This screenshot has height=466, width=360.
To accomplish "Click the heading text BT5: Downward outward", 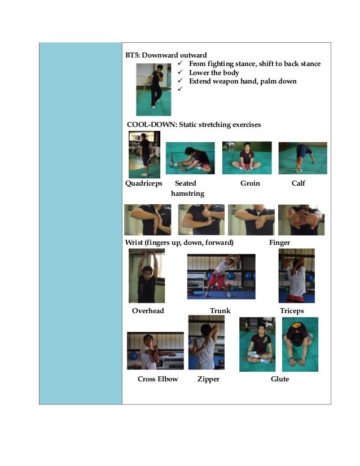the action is pos(166,55).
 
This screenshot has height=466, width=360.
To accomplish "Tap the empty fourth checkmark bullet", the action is pos(180,89).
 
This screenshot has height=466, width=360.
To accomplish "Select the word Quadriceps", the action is pos(143,183).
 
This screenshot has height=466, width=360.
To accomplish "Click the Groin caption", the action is pos(250,183).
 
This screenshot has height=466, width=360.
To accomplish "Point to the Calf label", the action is pos(298,183).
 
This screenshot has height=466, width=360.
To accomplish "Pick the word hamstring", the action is pos(187,194).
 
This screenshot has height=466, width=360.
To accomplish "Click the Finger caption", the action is pos(279,243).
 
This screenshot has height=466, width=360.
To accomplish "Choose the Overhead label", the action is pos(148,310).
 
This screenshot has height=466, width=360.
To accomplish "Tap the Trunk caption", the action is pos(220,310).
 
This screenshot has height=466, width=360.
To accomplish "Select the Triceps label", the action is pos(292,311).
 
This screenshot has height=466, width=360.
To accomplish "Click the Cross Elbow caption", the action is pos(157,379).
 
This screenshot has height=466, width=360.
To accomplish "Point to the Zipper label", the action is pos(208,379).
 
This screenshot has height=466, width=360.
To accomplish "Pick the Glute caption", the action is pos(280,379).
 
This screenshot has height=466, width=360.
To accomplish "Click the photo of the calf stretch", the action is pos(302,158).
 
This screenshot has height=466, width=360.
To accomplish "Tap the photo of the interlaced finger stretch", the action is pos(301,219).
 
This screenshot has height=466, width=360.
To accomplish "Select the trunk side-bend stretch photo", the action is pos(221,276).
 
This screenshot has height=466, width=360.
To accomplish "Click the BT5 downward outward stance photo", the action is pos(153,90).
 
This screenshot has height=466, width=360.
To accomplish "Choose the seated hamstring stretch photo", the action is pos(190,158).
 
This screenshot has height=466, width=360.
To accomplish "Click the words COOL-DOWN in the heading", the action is pos(152,125).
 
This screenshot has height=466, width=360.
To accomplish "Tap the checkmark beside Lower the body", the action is pos(180,72).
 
